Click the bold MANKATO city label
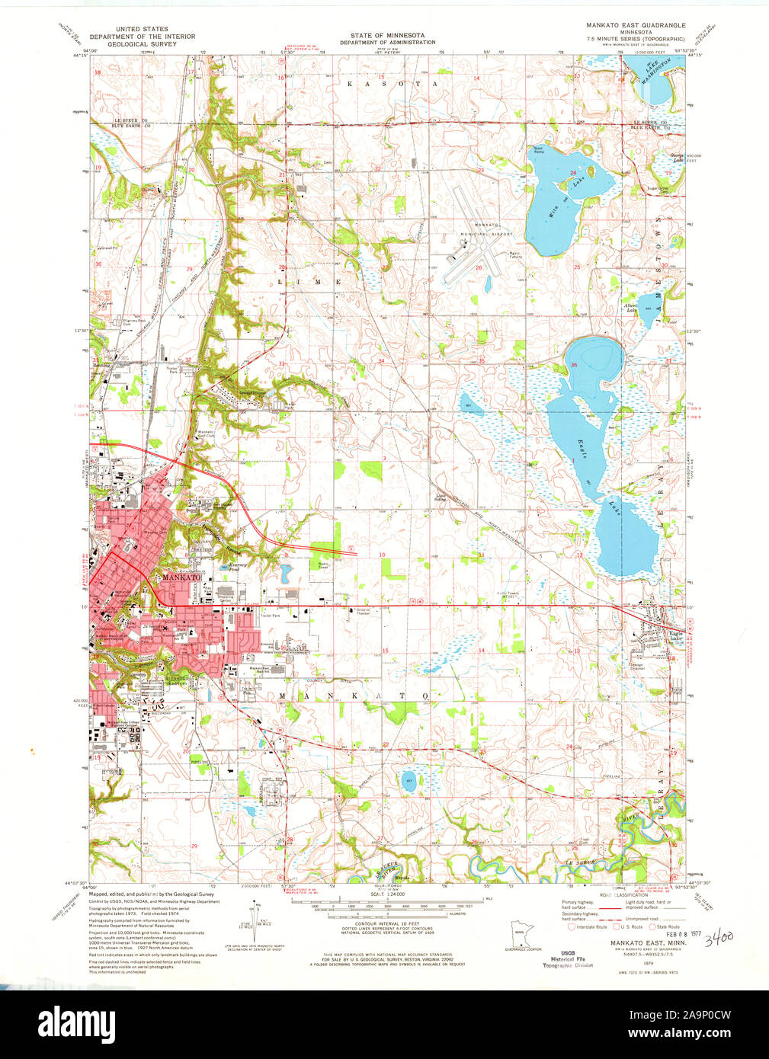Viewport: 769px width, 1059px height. [181, 578]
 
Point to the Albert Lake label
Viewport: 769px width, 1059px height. [631, 307]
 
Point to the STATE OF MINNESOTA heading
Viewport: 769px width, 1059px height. [387, 36]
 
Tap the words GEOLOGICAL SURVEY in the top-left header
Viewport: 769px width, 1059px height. [143, 44]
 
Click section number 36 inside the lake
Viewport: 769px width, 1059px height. [574, 366]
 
